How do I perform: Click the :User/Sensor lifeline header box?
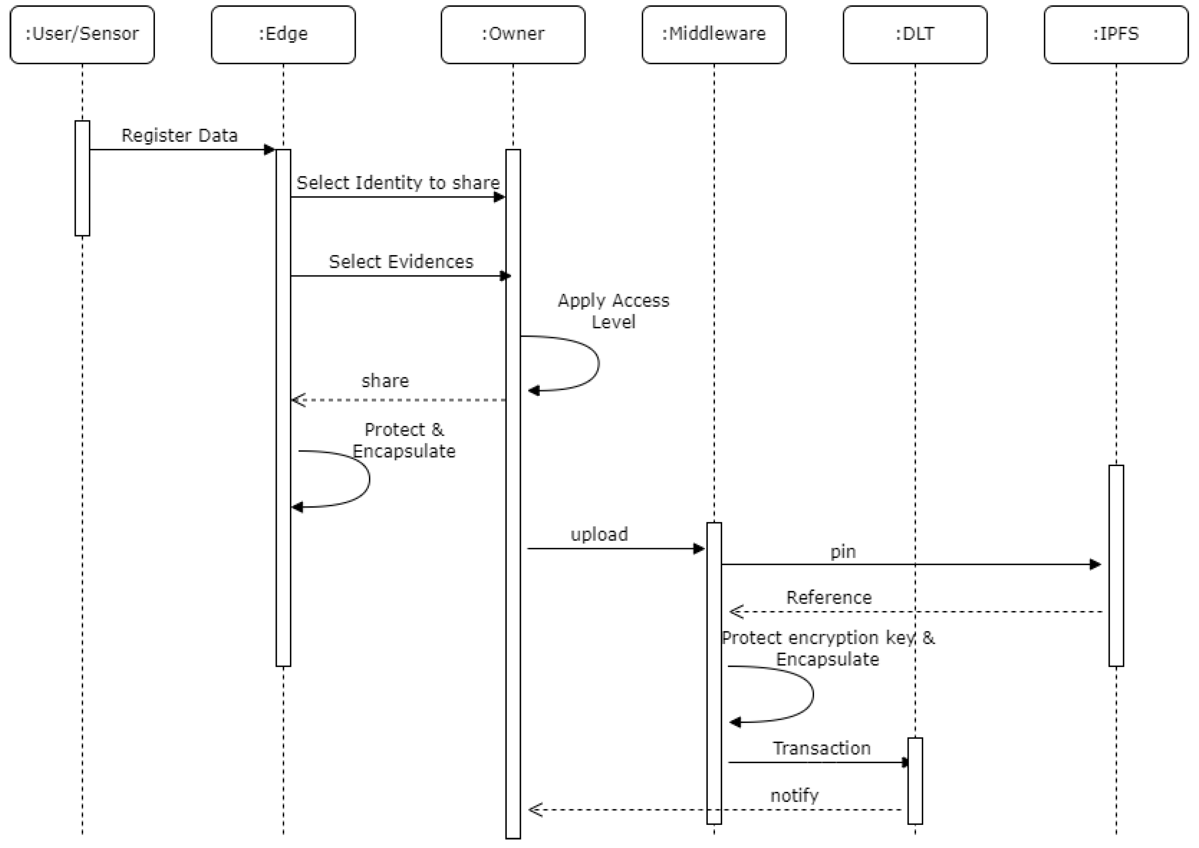pyautogui.click(x=82, y=34)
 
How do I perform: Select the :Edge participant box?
pyautogui.click(x=283, y=34)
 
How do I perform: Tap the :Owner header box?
pyautogui.click(x=513, y=34)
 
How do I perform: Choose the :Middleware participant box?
pyautogui.click(x=714, y=34)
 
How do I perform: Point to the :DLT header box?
pyautogui.click(x=915, y=34)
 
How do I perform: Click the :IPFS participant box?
pyautogui.click(x=1116, y=34)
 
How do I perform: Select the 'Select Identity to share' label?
pyautogui.click(x=398, y=183)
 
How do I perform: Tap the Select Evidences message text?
pyautogui.click(x=400, y=261)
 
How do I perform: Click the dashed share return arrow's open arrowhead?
pyautogui.click(x=298, y=400)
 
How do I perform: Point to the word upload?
pyautogui.click(x=599, y=535)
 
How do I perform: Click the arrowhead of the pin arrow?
pyautogui.click(x=1095, y=565)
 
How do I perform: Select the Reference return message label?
pyautogui.click(x=829, y=597)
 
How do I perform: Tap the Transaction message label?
pyautogui.click(x=822, y=748)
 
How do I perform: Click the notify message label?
pyautogui.click(x=794, y=795)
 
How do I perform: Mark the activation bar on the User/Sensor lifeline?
pyautogui.click(x=82, y=178)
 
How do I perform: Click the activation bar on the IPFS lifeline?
pyautogui.click(x=1116, y=566)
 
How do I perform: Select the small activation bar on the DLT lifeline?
pyautogui.click(x=915, y=781)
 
